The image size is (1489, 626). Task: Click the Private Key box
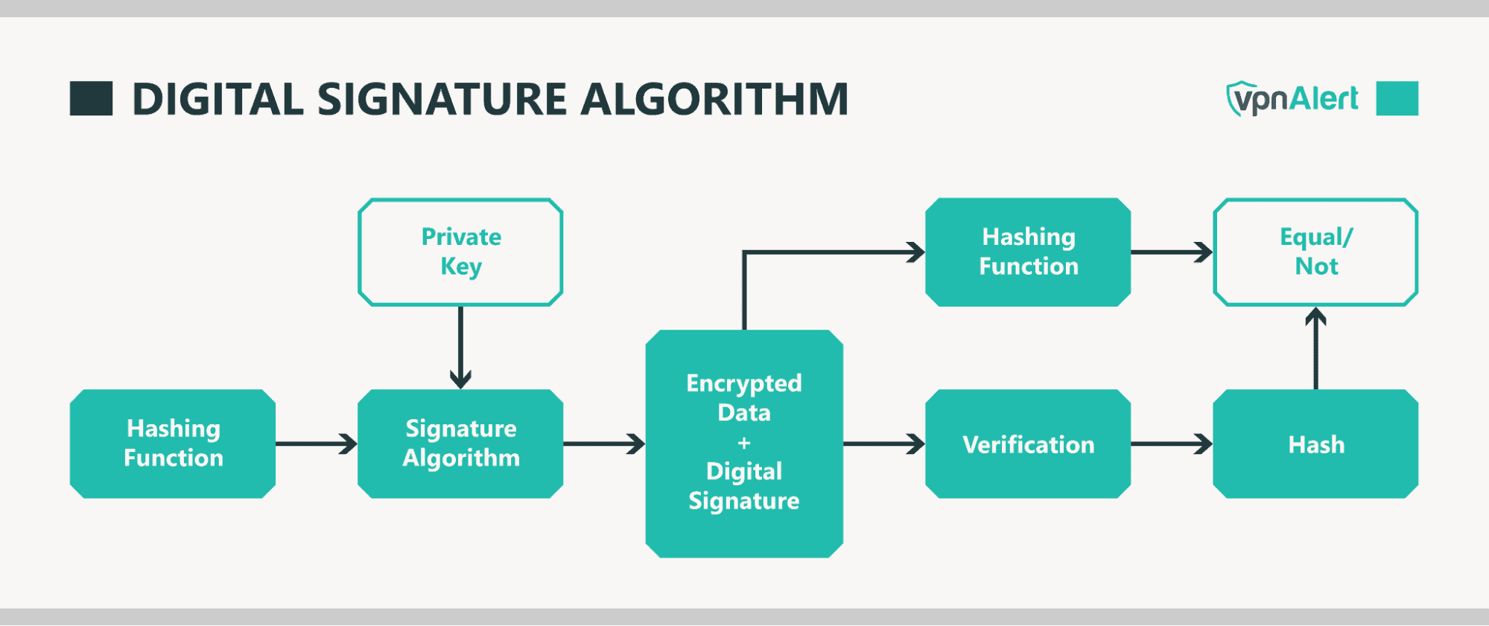click(460, 252)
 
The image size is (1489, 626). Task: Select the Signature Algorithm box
click(460, 444)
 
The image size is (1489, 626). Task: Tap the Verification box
click(1028, 444)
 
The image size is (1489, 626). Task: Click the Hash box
click(1315, 444)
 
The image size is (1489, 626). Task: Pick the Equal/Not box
click(1315, 252)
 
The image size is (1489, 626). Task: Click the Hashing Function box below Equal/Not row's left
click(1028, 252)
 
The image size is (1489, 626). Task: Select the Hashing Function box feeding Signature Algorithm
click(173, 444)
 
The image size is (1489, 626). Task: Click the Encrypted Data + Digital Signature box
click(744, 444)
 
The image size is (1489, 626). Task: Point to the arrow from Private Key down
click(460, 347)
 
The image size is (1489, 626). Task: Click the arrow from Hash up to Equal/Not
click(1315, 348)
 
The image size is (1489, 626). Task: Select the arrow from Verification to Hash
click(1172, 444)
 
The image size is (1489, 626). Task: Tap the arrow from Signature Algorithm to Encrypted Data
click(604, 444)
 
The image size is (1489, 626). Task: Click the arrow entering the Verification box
click(884, 444)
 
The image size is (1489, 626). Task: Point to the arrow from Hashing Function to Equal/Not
click(1172, 252)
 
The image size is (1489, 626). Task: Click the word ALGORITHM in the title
click(714, 99)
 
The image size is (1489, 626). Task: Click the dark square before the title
click(91, 99)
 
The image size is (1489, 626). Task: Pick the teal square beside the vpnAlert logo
click(1397, 99)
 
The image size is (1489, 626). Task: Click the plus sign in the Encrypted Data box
click(744, 443)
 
